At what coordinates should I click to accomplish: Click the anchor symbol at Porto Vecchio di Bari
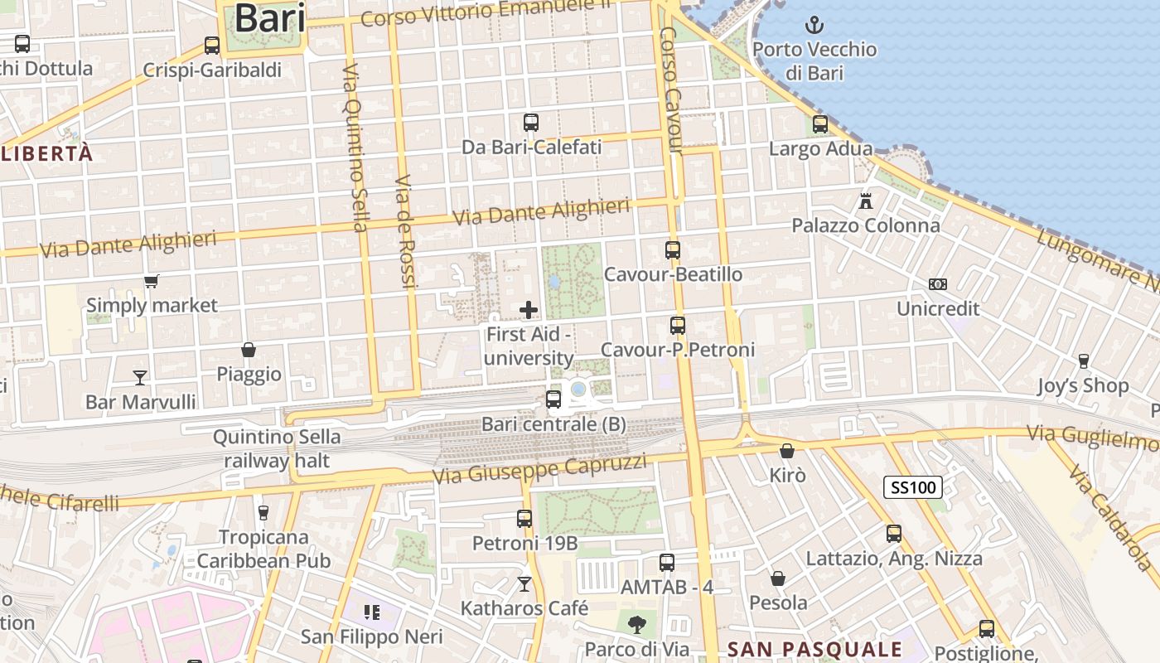tap(814, 24)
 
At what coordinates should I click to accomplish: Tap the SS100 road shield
tap(912, 487)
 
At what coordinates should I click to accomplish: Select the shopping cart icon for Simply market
tap(151, 282)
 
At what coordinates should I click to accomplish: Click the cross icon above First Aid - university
tap(529, 310)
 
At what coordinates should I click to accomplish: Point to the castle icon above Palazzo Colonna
tap(866, 201)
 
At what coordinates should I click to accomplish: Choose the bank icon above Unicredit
tap(938, 284)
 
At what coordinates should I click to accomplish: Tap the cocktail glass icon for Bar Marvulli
tap(140, 378)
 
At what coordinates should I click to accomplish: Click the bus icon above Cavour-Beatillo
tap(673, 249)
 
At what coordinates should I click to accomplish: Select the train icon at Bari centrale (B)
tap(553, 399)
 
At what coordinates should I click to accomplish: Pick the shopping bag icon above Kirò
tap(787, 451)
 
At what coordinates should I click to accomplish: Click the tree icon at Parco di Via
tap(636, 624)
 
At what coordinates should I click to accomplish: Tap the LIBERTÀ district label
tap(47, 154)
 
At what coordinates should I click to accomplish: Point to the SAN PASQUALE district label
tap(814, 649)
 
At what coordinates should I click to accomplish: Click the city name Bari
tap(270, 18)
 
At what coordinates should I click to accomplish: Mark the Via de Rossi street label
tap(405, 232)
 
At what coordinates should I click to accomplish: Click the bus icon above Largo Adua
tap(820, 124)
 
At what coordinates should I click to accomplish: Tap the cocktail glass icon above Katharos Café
tap(524, 584)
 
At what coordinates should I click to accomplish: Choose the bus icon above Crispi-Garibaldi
tap(212, 46)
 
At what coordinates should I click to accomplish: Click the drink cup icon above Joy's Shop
tap(1083, 361)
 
